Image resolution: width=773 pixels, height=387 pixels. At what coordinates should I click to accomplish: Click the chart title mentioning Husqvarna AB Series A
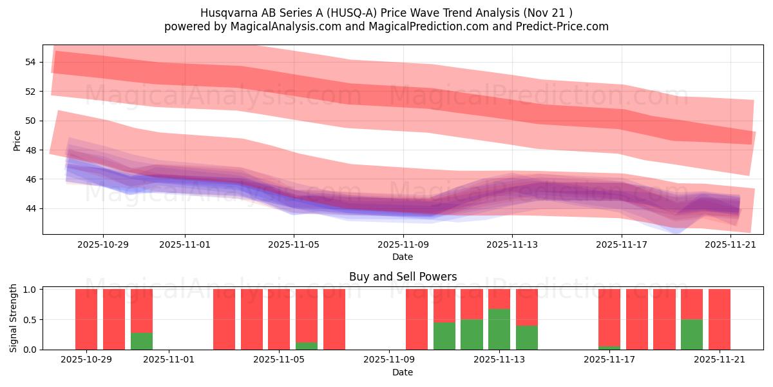[x=386, y=12]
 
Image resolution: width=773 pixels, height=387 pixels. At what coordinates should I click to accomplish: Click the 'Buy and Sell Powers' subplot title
[x=403, y=277]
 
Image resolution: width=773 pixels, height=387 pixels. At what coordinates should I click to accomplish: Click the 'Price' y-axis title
[x=17, y=141]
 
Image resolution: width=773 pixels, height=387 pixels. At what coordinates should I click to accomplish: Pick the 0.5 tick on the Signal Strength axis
[x=30, y=320]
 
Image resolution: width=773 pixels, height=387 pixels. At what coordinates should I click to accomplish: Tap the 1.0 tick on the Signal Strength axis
[x=30, y=290]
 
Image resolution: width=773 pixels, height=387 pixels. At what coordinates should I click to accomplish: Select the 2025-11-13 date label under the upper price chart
[x=512, y=244]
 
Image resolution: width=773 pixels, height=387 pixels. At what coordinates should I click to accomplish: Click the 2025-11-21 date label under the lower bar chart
[x=719, y=360]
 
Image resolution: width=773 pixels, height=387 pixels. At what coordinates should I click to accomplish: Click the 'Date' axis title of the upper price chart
[x=403, y=257]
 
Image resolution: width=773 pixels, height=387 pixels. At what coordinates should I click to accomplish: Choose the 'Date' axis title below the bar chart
[x=403, y=372]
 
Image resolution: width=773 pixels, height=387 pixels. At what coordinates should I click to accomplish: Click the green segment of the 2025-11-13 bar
[x=499, y=329]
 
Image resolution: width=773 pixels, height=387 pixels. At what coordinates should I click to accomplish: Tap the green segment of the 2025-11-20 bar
[x=692, y=334]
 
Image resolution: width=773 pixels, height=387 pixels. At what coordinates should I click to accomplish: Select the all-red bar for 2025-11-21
[x=719, y=319]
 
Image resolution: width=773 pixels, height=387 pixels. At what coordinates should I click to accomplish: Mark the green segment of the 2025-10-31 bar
[x=142, y=341]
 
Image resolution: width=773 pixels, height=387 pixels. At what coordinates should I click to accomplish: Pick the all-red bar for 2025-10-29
[x=86, y=319]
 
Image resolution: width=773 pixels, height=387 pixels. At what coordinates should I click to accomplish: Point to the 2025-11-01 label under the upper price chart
[x=185, y=244]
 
